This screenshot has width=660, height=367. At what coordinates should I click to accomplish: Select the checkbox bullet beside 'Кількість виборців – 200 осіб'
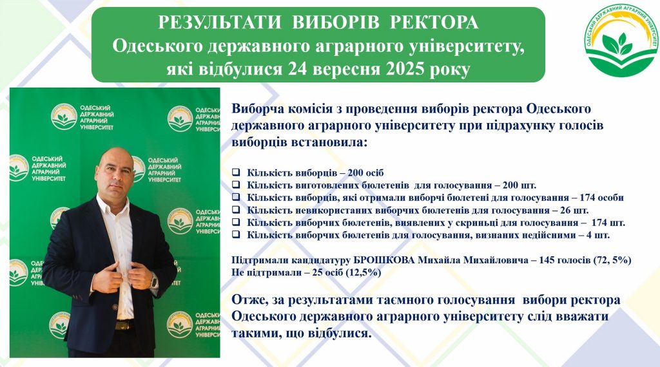[x=237, y=173]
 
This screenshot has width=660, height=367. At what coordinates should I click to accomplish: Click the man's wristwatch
[x=154, y=280]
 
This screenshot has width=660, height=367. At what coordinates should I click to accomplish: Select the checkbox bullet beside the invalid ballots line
[x=237, y=235]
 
